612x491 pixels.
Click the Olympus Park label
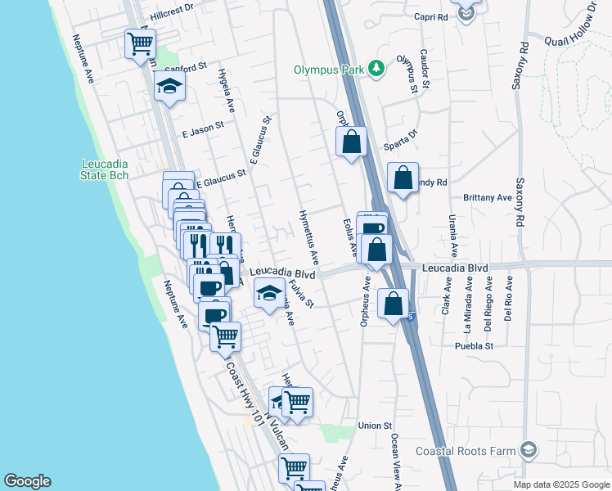[x=329, y=70]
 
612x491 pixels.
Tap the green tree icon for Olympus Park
[x=376, y=69]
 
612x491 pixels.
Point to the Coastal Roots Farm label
[x=466, y=451]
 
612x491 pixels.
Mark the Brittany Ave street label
[x=488, y=198]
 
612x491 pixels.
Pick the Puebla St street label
[x=475, y=346]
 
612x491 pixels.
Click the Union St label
[x=376, y=426]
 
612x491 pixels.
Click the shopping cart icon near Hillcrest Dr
[x=140, y=45]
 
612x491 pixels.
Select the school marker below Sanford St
[x=169, y=86]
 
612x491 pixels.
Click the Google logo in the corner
[x=27, y=481]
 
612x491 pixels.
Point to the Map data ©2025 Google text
[x=560, y=484]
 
